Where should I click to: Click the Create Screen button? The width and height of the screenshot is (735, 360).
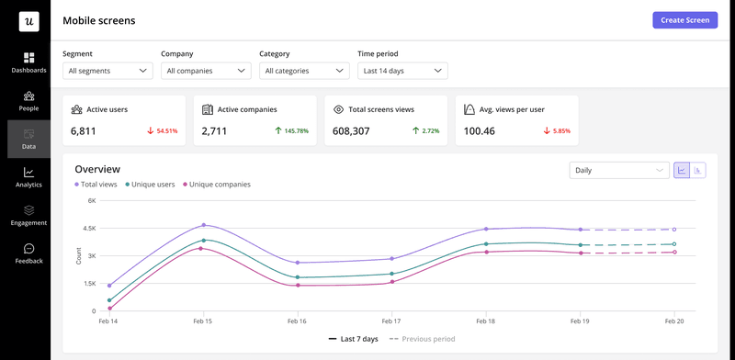click(684, 20)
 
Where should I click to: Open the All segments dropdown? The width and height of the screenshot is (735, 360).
click(107, 71)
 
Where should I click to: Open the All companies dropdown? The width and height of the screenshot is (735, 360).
click(206, 71)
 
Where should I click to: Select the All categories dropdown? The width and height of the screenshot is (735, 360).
click(304, 71)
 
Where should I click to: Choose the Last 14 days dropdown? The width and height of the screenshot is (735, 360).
click(402, 71)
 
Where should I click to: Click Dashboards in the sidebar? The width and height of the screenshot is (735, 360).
click(28, 62)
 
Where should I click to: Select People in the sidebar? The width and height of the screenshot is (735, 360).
click(28, 100)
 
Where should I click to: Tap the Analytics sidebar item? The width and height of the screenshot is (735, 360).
click(28, 177)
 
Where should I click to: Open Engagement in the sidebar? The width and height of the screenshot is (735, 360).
click(28, 215)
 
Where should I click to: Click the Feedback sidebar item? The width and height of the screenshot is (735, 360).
click(28, 253)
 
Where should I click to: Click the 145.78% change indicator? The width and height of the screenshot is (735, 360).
click(290, 131)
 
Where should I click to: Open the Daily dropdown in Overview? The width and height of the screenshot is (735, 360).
click(619, 170)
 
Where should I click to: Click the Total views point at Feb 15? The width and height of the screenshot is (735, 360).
click(203, 225)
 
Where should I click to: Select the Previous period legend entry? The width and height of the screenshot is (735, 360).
click(423, 339)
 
